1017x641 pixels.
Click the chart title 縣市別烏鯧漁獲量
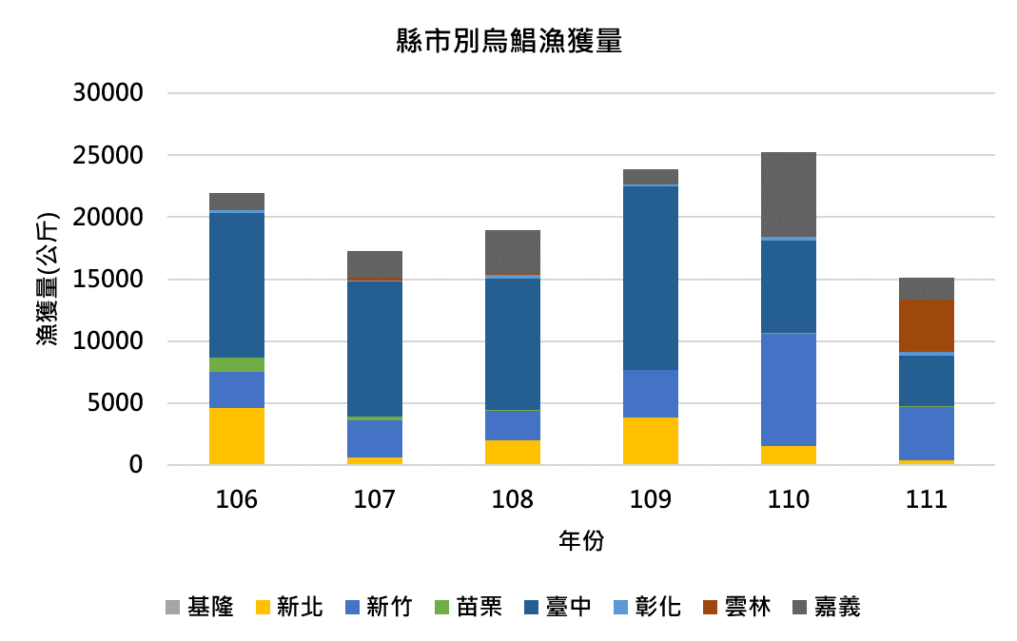tap(508, 42)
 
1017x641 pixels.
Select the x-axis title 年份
tap(581, 541)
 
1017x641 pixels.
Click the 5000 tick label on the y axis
tap(115, 404)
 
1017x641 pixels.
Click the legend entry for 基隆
tap(200, 607)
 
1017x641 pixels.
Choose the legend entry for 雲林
tap(734, 607)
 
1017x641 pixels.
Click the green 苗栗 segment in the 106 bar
tap(237, 364)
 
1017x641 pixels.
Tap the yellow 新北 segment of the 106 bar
tap(237, 437)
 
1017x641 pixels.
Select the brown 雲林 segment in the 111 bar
tap(927, 326)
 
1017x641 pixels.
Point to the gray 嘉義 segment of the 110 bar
tap(789, 194)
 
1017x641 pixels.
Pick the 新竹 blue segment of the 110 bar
tap(789, 390)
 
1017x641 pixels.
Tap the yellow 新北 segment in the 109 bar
tap(651, 441)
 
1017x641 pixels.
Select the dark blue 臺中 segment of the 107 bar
tap(375, 348)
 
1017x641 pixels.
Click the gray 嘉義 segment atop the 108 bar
tap(513, 252)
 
